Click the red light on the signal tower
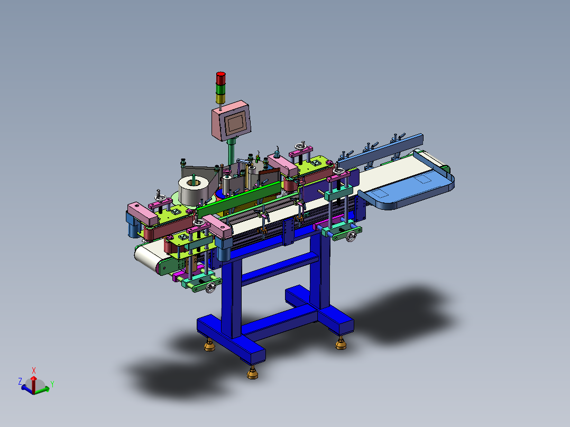tap(220, 78)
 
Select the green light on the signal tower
tap(220, 89)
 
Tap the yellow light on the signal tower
tap(220, 98)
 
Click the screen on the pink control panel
tap(235, 123)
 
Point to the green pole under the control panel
tap(231, 152)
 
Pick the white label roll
tap(193, 190)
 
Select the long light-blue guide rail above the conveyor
tap(381, 152)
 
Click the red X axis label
tap(34, 370)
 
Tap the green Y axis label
tap(52, 384)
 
